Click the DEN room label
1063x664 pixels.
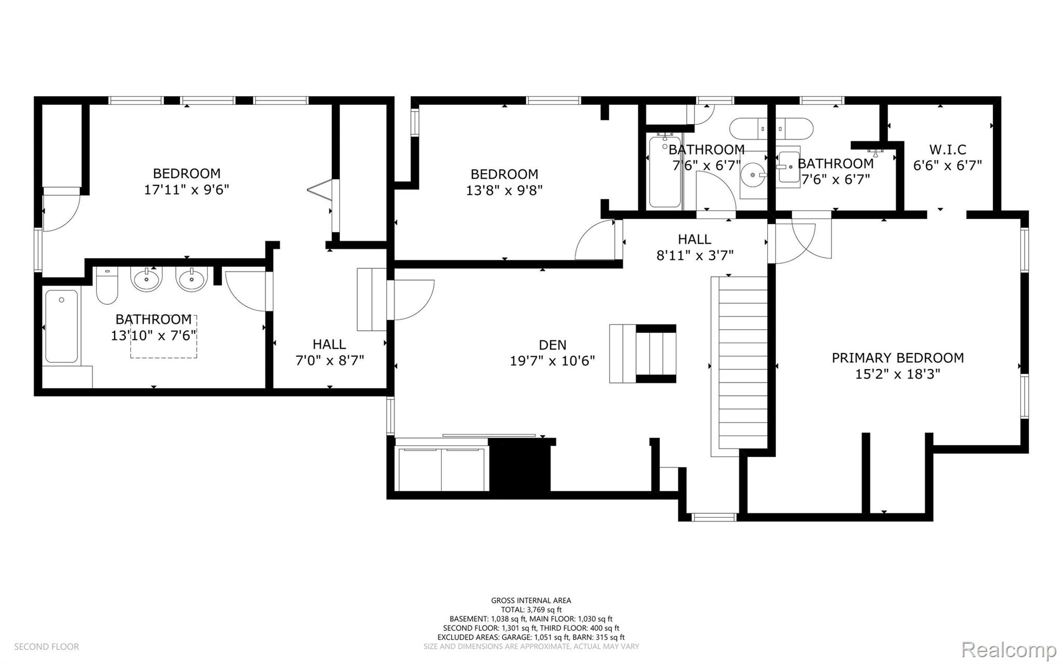click(x=552, y=345)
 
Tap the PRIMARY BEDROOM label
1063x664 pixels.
click(x=897, y=358)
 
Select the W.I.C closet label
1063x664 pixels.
click(x=948, y=150)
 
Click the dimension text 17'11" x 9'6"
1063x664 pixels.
click(x=186, y=189)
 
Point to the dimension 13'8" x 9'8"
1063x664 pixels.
click(x=504, y=190)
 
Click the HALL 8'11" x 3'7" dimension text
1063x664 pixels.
click(x=694, y=255)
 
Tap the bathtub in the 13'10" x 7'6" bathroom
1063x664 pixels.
click(x=62, y=326)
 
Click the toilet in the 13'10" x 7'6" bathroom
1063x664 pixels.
click(x=107, y=286)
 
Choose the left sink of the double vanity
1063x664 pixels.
click(x=147, y=279)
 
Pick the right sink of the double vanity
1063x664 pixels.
click(x=192, y=279)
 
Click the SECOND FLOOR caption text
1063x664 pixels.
click(x=47, y=646)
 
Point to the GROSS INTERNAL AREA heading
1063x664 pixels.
click(x=531, y=601)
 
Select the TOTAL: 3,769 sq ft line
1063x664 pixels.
click(x=531, y=610)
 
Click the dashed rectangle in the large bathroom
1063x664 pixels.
click(x=163, y=336)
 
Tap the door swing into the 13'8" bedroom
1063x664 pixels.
click(x=596, y=240)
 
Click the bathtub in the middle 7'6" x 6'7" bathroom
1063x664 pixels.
click(x=665, y=171)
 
